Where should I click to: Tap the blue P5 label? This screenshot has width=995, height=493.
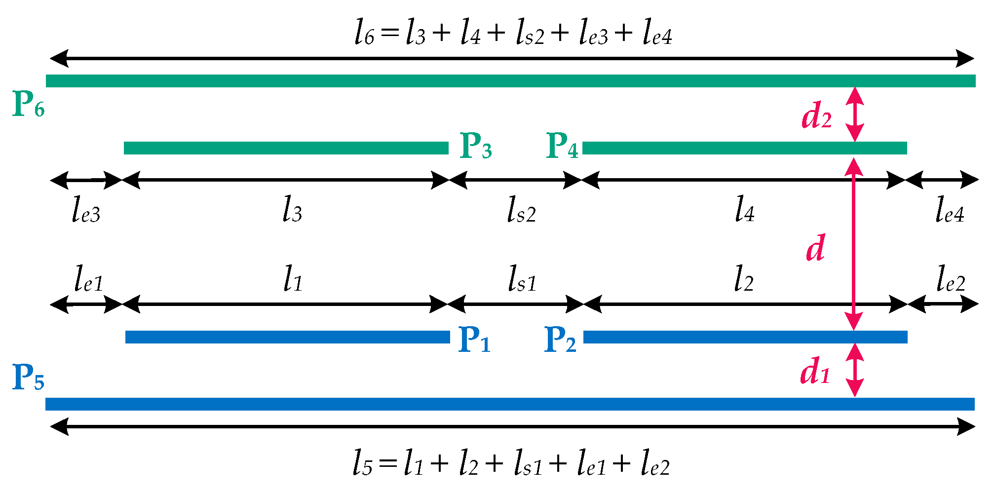click(28, 378)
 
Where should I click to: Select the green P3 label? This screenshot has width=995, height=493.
click(475, 146)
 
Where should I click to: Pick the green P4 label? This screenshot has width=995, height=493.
click(562, 146)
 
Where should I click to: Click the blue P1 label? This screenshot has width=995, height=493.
click(474, 340)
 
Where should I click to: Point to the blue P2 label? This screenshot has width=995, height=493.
click(560, 340)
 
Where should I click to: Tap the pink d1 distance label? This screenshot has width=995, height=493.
click(814, 371)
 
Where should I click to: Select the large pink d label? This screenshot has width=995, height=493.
click(815, 248)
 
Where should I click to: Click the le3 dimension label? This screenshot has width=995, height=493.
click(86, 210)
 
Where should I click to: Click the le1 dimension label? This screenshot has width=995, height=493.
click(88, 279)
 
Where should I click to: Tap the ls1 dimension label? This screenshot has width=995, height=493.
click(522, 279)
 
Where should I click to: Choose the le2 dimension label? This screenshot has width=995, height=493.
click(951, 279)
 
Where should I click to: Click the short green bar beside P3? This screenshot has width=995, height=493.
click(286, 148)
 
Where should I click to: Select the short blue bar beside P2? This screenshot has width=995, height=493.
click(745, 337)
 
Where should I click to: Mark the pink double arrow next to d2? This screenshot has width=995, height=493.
click(855, 114)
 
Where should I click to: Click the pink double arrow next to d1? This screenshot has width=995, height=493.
click(855, 370)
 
